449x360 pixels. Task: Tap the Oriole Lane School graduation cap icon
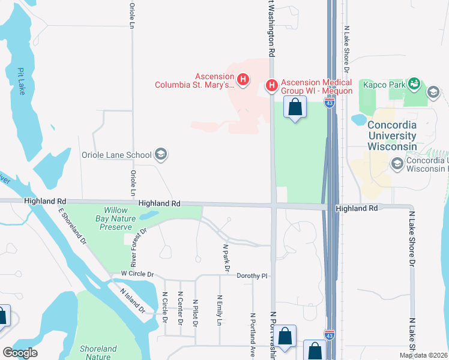[x=160, y=155]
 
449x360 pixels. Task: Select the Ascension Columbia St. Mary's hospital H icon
[x=243, y=79]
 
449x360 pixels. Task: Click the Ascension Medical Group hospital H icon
[x=271, y=86]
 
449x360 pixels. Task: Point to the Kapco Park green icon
[x=413, y=84]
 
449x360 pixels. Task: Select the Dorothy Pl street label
[x=251, y=276]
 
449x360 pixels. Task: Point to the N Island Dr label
[x=132, y=301]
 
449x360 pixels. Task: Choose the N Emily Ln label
[x=220, y=310]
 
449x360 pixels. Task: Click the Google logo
[x=20, y=353]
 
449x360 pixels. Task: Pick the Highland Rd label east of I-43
[x=357, y=208]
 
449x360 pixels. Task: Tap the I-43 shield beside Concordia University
[x=329, y=103]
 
